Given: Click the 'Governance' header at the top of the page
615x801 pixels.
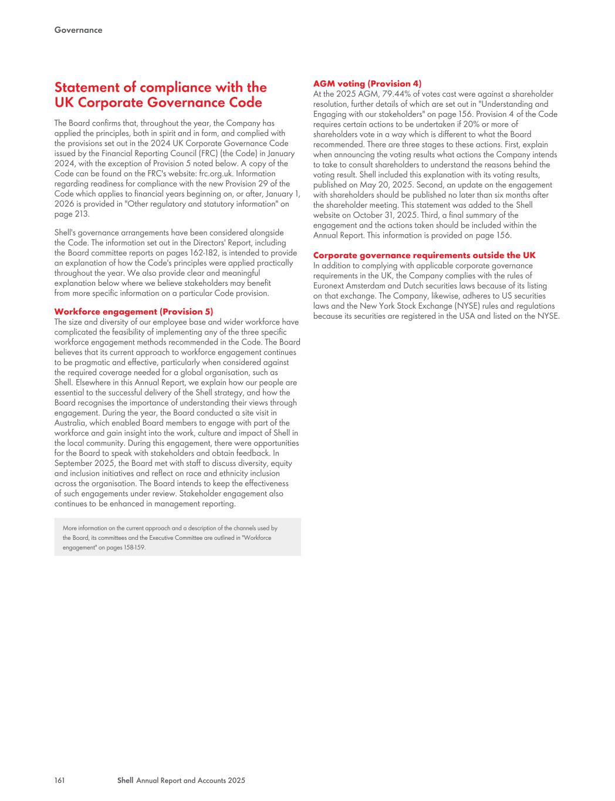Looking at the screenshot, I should (78, 30).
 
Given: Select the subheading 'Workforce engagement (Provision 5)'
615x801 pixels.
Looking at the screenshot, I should (134, 312).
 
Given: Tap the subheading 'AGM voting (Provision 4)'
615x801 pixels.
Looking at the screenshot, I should (367, 84).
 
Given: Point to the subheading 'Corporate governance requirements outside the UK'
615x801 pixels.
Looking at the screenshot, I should (424, 255).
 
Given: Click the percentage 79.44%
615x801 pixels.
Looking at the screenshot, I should (397, 94).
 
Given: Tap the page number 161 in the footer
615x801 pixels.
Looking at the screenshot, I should (59, 780).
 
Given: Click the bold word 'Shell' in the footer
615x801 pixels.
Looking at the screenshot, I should (126, 780).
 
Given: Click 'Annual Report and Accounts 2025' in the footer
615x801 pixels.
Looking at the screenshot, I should (191, 780).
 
